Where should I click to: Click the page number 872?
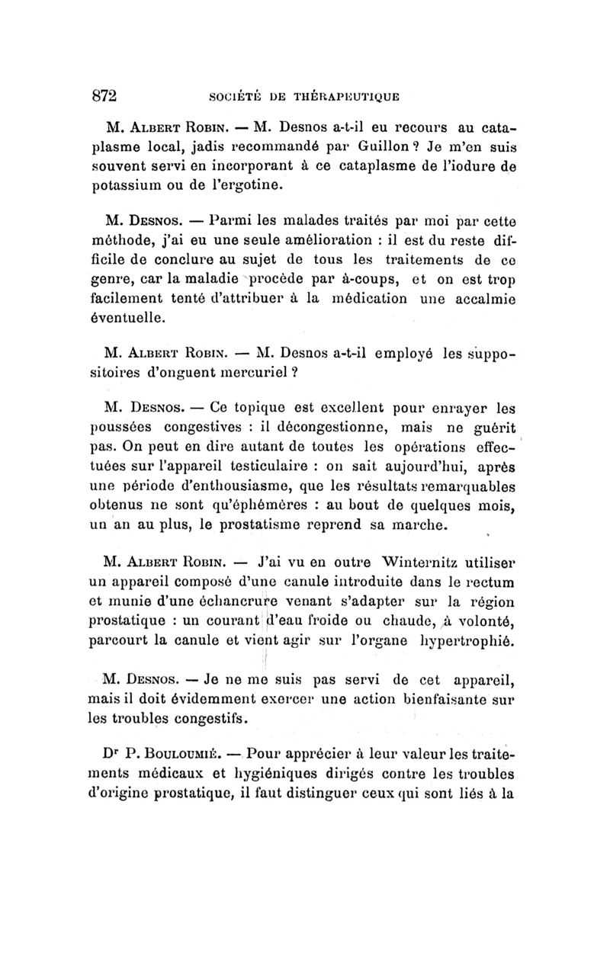pyautogui.click(x=103, y=97)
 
